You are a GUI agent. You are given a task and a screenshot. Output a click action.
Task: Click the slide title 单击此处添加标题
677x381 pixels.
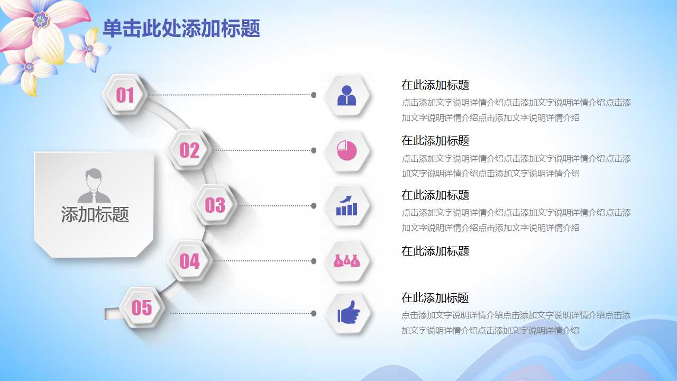181,29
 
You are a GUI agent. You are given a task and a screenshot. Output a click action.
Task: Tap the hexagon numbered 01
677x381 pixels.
125,95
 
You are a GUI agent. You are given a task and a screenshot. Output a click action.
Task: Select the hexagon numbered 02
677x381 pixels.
189,150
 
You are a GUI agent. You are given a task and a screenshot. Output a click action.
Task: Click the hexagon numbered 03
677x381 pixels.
215,205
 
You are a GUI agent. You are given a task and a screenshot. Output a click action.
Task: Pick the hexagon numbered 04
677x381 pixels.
189,261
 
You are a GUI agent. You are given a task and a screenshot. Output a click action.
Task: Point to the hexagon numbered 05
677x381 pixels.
141,307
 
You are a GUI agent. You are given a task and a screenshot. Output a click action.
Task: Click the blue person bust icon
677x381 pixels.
347,96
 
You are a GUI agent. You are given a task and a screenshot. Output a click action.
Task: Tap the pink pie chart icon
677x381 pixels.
347,151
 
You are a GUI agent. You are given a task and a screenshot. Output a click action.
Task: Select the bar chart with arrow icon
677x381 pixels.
347,206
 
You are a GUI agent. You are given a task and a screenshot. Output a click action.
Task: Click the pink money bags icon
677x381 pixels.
347,261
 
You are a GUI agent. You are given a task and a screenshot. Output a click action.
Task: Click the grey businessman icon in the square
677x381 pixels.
94,186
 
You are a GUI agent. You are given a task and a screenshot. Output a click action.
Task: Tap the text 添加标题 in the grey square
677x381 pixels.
95,214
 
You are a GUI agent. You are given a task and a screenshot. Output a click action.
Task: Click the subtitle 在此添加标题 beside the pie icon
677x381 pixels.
435,141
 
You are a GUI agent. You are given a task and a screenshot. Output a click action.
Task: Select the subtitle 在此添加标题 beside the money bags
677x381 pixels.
435,251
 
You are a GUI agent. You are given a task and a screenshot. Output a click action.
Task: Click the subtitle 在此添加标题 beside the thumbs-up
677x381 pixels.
435,297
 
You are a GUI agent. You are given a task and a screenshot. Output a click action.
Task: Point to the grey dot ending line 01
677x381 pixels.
314,95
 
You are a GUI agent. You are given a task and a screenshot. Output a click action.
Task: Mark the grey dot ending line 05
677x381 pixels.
314,313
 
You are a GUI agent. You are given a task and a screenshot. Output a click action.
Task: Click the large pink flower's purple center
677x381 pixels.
40,20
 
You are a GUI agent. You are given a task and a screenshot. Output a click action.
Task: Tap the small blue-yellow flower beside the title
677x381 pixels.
89,49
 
